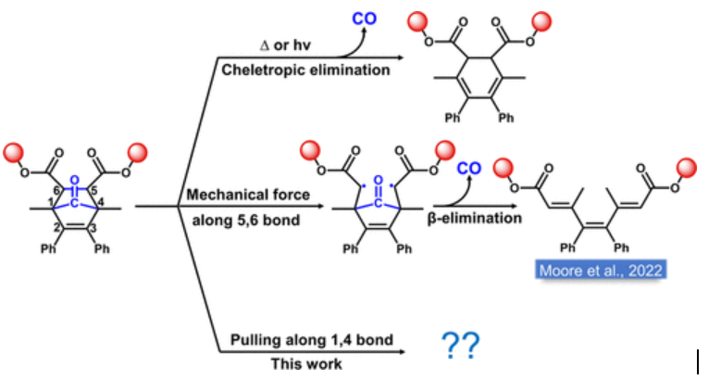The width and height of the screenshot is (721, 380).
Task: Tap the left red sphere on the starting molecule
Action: (x=12, y=152)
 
